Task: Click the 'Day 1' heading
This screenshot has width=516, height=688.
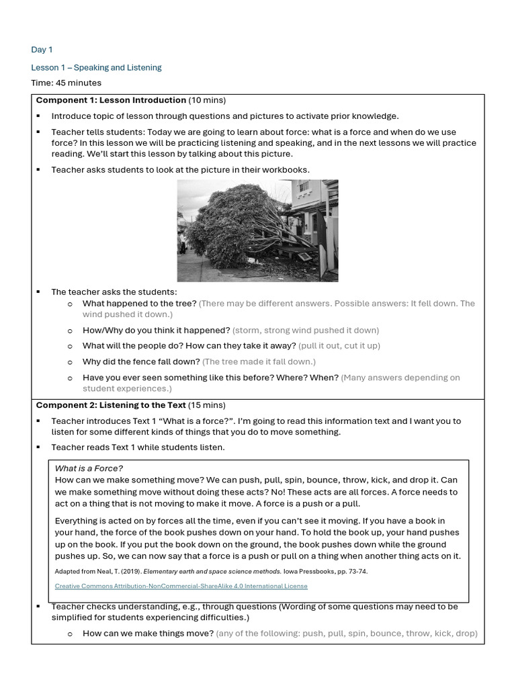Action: pos(42,50)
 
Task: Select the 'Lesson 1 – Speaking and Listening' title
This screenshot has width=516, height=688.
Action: pos(96,68)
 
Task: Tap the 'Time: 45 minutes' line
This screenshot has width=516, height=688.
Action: pos(66,83)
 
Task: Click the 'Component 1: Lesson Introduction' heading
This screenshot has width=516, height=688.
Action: pos(111,100)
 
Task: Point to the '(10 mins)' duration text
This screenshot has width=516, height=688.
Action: pos(208,100)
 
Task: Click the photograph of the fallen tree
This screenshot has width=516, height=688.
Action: pos(257,230)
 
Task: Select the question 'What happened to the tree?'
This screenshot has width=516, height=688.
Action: pos(139,304)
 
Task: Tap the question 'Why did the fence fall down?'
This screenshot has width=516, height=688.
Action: pos(141,361)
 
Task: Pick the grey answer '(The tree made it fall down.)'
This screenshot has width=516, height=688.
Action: pos(259,361)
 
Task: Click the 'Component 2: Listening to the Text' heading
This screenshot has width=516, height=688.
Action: pos(109,405)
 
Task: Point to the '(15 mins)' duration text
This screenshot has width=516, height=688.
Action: pos(207,405)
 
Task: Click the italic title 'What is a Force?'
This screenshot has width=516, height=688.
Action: pos(89,468)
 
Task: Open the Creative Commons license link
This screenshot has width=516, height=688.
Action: pos(181,586)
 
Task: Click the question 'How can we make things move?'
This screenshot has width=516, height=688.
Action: pos(148,634)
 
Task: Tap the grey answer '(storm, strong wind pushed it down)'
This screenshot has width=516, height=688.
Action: pos(306,331)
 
